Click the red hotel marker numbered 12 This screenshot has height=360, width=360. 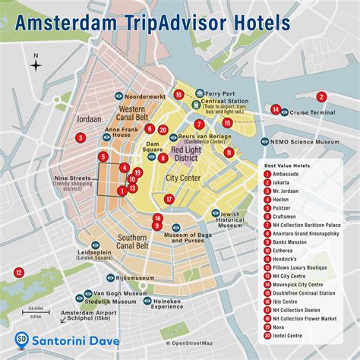(18, 272)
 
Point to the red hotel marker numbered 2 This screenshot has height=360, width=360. (321, 96)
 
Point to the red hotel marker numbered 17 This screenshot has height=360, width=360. (169, 199)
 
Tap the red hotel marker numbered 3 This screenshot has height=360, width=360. (80, 137)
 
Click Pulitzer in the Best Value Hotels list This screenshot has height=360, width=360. (289, 207)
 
